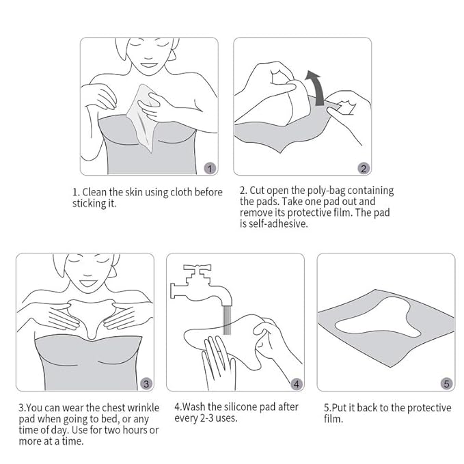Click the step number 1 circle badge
[210, 167]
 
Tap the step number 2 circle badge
[364, 167]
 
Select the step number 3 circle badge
[146, 383]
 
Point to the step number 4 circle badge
[297, 383]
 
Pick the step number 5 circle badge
[447, 383]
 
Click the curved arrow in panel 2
[316, 83]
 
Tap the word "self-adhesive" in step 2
[278, 223]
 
